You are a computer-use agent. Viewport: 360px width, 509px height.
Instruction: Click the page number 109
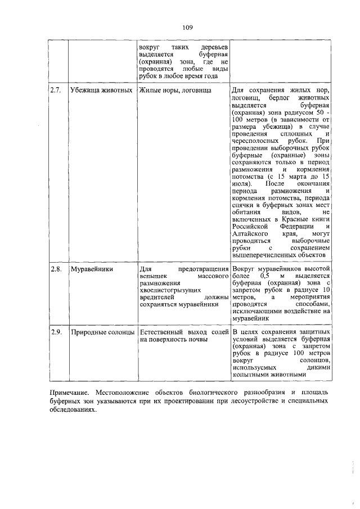[188, 28]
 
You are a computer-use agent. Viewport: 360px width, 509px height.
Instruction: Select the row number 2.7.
[55, 91]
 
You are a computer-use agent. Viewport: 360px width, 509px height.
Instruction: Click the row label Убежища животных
[101, 91]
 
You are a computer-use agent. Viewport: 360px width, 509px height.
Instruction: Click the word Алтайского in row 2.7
[251, 232]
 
